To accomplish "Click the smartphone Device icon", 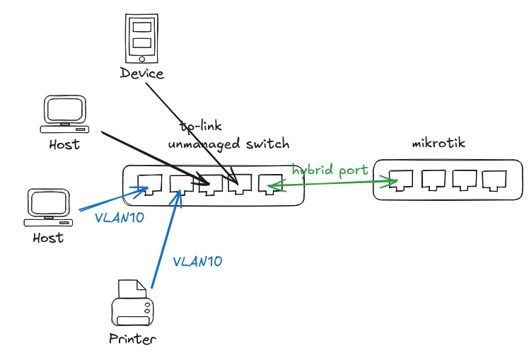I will pyautogui.click(x=142, y=38).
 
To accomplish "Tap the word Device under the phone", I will pyautogui.click(x=141, y=74).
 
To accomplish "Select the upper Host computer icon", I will pyautogui.click(x=64, y=115).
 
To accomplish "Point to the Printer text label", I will pyautogui.click(x=132, y=339).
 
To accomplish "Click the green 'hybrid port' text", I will pyautogui.click(x=330, y=170).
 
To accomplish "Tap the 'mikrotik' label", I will pyautogui.click(x=438, y=144).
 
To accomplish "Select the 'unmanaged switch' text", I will pyautogui.click(x=228, y=144).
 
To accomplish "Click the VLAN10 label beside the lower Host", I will pyautogui.click(x=120, y=218).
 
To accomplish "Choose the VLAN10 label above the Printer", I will pyautogui.click(x=197, y=261).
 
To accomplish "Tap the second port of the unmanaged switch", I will pyautogui.click(x=181, y=185).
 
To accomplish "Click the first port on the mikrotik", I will pyautogui.click(x=401, y=180).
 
